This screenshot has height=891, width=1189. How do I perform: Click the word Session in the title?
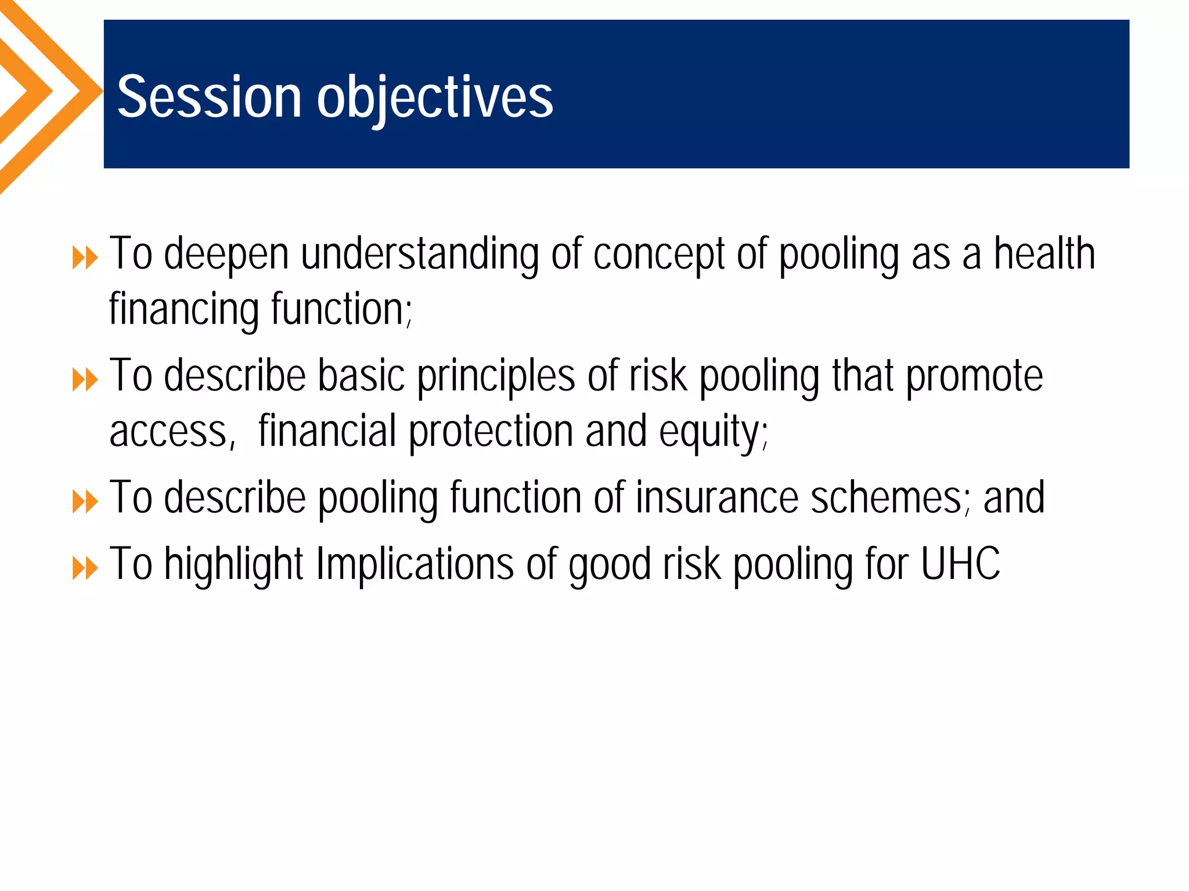coord(209,97)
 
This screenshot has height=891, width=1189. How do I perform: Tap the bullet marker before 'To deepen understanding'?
coord(85,258)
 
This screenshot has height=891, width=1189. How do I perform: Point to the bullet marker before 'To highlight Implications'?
coord(85,568)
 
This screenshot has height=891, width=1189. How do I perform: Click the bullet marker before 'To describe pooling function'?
coord(85,502)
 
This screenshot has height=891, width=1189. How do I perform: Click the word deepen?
coord(226,255)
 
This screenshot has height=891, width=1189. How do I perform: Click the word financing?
coord(183,310)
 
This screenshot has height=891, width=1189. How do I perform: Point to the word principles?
coord(496,377)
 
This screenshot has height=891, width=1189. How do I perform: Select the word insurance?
coord(716,498)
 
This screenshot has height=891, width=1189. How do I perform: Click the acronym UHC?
coord(961,564)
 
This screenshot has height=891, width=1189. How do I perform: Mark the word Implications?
coord(415,565)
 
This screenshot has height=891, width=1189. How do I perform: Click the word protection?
coord(491,433)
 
